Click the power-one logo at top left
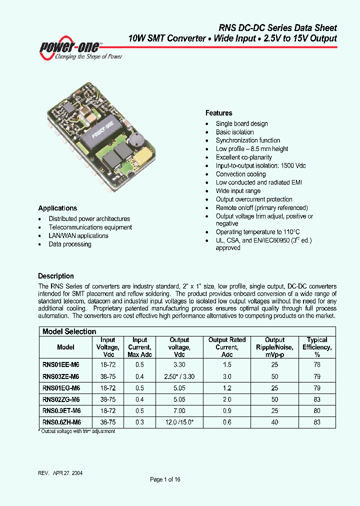pos(80,49)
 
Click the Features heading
pos(219,113)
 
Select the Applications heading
pos(57,208)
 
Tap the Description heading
pos(56,276)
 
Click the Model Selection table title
pos(69,331)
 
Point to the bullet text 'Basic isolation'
pos(234,132)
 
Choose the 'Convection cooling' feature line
pos(240,174)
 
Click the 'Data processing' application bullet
pos(69,244)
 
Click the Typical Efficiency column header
pos(317,347)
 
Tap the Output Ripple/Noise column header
pos(274,347)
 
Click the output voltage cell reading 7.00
pos(179,411)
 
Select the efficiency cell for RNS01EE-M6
pos(317,365)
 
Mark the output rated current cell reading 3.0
pos(227,376)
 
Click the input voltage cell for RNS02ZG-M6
pos(107,399)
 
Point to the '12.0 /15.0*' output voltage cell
pos(179,422)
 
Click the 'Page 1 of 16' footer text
pos(165,479)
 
